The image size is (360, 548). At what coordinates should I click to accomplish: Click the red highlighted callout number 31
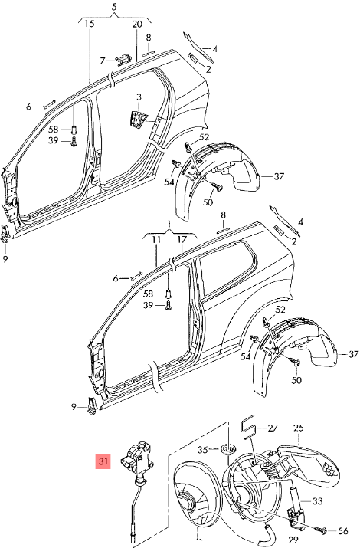103,461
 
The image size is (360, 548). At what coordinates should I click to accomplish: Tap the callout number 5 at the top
114,7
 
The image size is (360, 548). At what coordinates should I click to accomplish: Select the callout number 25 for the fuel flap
298,428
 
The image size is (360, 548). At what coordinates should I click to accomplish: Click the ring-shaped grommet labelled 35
228,448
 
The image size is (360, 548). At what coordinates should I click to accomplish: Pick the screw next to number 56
323,531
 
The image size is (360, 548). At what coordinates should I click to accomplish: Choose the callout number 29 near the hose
293,540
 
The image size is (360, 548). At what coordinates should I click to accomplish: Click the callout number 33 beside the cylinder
317,501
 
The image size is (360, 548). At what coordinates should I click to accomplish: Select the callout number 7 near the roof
103,61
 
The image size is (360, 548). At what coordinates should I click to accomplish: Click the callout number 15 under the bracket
90,24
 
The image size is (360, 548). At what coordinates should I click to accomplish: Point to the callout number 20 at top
137,24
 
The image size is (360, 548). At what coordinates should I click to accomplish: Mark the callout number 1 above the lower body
169,223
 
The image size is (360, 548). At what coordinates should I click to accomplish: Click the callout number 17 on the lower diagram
182,240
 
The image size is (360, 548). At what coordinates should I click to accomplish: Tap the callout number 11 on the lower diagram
156,240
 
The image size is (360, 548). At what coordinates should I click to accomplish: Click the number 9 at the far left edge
5,259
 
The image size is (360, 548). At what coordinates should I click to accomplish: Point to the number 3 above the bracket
139,97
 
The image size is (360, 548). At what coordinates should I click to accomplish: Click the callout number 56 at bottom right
343,531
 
